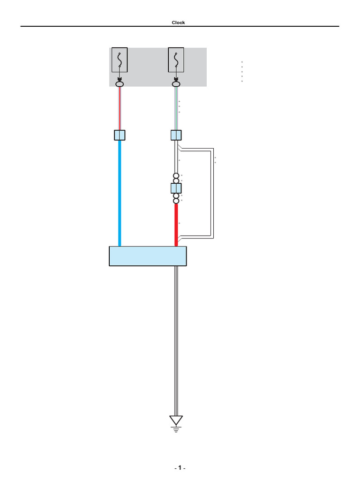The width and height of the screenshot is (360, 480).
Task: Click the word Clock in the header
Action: tap(178, 22)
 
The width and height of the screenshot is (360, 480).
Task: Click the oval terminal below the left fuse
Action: tap(120, 84)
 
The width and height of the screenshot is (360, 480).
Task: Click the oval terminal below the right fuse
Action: tap(176, 84)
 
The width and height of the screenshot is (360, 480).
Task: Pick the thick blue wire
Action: tap(120, 192)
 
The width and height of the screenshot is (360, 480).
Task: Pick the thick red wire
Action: tap(176, 225)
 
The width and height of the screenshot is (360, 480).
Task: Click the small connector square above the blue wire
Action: tap(120, 135)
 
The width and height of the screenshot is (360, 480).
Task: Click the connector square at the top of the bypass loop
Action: tap(176, 135)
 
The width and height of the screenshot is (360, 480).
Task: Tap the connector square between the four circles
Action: tap(176, 188)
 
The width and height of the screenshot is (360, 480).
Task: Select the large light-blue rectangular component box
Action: tap(148, 256)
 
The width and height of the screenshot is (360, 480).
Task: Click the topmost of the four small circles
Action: tap(176, 176)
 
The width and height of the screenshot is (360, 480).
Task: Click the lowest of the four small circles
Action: tap(176, 201)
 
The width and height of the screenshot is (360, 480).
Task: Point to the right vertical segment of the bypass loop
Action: tap(213, 192)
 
